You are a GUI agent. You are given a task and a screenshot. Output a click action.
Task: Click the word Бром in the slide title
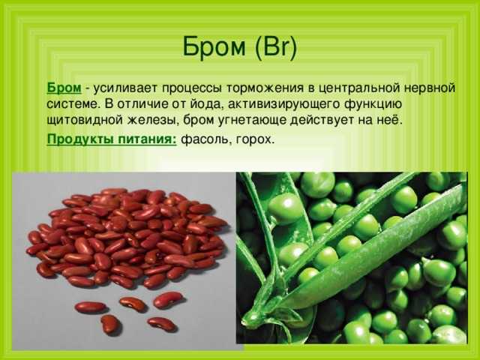pos(214,47)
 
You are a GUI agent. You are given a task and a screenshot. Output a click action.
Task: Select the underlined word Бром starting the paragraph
pos(64,88)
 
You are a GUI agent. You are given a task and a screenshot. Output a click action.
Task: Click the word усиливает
pos(125,88)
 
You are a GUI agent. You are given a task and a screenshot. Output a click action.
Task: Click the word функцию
pos(373,105)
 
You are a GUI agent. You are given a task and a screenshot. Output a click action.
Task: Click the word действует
pos(322,121)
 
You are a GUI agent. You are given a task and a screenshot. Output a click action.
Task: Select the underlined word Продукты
pos(80,139)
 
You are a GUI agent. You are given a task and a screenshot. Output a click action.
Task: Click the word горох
pos(253,140)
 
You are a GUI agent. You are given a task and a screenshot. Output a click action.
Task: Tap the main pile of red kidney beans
pos(126,237)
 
